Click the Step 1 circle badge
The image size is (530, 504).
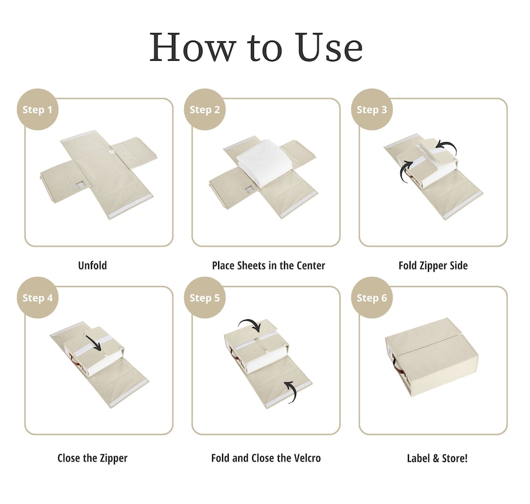pyautogui.click(x=37, y=109)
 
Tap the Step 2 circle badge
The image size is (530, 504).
pyautogui.click(x=205, y=109)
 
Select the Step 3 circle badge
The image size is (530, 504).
pyautogui.click(x=372, y=109)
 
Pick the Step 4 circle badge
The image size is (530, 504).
pyautogui.click(x=37, y=297)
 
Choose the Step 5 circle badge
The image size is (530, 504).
pyautogui.click(x=205, y=297)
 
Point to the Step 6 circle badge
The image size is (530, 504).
pyautogui.click(x=372, y=297)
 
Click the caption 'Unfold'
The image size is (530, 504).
pyautogui.click(x=92, y=266)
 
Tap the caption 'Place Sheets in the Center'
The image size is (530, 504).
pyautogui.click(x=268, y=266)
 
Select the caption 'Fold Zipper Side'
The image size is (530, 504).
pyautogui.click(x=433, y=266)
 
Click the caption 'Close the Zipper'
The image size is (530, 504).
pyautogui.click(x=92, y=458)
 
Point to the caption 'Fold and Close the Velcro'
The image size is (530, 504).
pyautogui.click(x=266, y=458)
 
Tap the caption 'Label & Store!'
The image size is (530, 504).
pyautogui.click(x=437, y=458)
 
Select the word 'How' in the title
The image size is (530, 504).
pyautogui.click(x=192, y=47)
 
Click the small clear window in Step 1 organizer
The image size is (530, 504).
pyautogui.click(x=80, y=184)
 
